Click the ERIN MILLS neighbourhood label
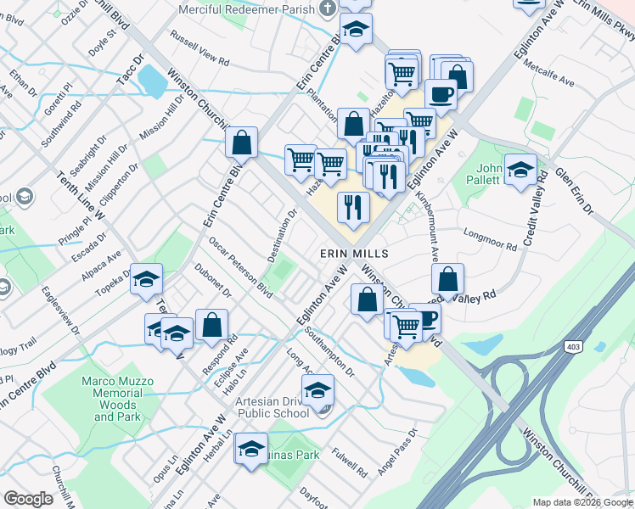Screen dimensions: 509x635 coord(354,254)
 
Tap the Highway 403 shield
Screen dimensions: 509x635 coord(575,346)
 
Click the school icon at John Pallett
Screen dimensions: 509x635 coord(520,170)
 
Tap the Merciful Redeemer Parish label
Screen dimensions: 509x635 coord(245,8)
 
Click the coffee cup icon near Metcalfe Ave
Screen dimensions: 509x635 coord(440,93)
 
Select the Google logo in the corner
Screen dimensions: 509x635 coord(29,499)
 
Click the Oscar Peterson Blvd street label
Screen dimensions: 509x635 coord(241,266)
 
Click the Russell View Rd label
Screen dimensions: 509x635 coord(200,49)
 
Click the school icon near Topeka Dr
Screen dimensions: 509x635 coord(146,281)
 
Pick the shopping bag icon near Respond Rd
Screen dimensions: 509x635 coord(211,325)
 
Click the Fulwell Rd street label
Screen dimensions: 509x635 coord(350,461)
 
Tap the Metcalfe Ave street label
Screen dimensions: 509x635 coord(549,72)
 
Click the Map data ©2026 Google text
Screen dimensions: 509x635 coord(582,502)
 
